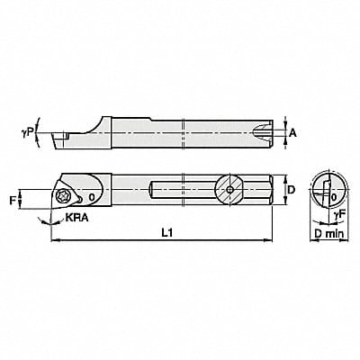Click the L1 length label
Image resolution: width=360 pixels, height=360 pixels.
point(161,233)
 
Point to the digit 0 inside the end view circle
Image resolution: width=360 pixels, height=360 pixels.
point(334,196)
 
